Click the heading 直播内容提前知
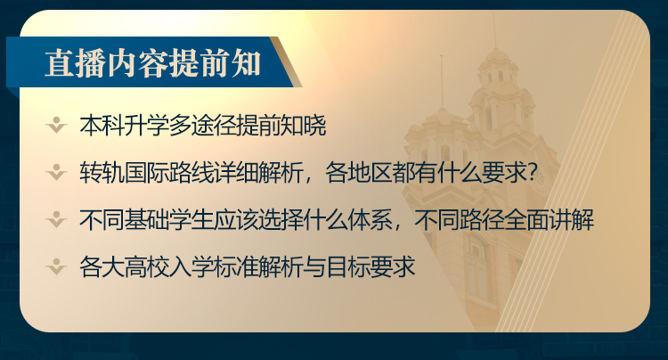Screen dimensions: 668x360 [152, 64]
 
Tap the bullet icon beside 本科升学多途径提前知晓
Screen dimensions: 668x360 [56, 126]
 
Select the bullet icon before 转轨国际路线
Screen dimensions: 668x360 [56, 173]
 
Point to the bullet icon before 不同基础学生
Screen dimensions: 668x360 [56, 220]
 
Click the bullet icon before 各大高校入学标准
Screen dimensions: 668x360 [56, 266]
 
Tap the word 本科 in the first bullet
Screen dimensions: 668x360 [102, 126]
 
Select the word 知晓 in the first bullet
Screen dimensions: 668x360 [304, 126]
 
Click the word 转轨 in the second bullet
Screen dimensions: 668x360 [102, 173]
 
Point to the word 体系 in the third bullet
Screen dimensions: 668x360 [370, 220]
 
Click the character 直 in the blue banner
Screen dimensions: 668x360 [60, 64]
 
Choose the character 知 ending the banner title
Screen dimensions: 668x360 [246, 64]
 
